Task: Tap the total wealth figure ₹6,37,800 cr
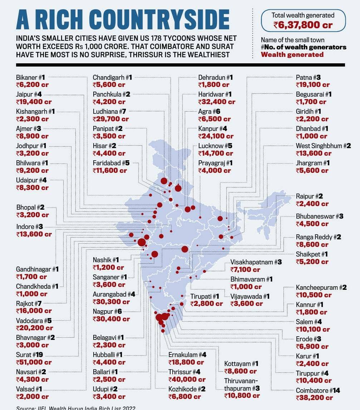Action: tap(303, 25)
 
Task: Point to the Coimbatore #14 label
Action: tap(318, 390)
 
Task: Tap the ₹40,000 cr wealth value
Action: tap(187, 379)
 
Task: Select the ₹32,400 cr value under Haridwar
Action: tap(217, 102)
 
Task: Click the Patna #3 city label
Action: tap(308, 77)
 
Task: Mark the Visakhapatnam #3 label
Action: tap(256, 262)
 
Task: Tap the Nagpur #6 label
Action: tap(107, 311)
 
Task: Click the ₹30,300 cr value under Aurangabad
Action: tap(111, 302)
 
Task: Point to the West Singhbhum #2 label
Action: tap(323, 146)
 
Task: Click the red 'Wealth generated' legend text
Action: tap(292, 54)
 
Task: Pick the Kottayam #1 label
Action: tap(241, 363)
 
